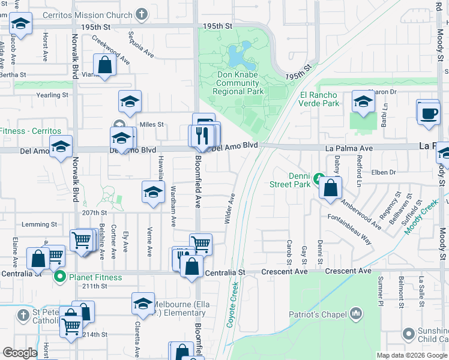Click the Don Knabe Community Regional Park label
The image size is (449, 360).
pos(238,83)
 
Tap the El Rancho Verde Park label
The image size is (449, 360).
pos(319,99)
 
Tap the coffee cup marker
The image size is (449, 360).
pos(429,113)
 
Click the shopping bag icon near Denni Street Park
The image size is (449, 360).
pos(330,188)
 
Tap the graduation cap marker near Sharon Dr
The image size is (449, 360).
pos(363,102)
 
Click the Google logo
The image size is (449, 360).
pos(20,353)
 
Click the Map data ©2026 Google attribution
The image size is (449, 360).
pos(411,355)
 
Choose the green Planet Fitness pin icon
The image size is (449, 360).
pos(59,277)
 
